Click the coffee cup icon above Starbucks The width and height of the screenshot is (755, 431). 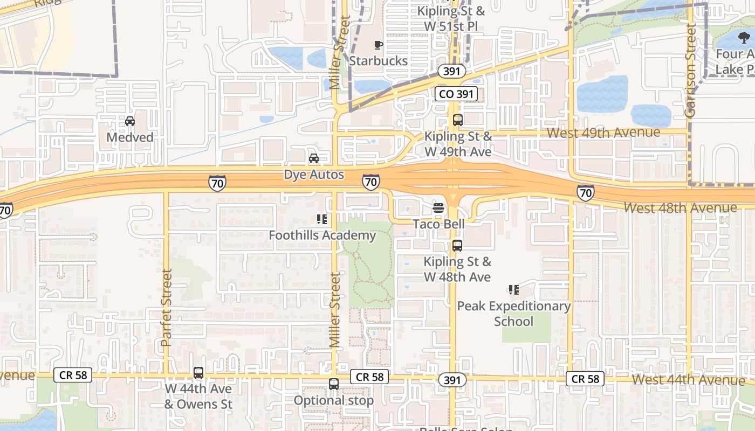(379, 45)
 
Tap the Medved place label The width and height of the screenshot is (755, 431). (130, 137)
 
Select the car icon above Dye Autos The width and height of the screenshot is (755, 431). (313, 158)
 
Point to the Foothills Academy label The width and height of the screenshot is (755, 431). (322, 235)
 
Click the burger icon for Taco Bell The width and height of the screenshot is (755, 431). (438, 208)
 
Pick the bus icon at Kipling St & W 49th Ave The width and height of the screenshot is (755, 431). (457, 120)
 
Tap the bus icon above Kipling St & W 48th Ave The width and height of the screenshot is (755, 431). (457, 246)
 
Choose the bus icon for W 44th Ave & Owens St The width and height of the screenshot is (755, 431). (198, 372)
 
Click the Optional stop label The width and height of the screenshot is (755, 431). (333, 400)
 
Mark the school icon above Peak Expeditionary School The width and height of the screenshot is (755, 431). (513, 290)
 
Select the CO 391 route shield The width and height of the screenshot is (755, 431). (456, 94)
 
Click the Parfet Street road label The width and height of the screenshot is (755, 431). (166, 308)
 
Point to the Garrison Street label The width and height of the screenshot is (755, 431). (690, 70)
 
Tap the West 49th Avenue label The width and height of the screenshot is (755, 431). (603, 133)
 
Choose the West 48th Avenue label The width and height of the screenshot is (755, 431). (680, 207)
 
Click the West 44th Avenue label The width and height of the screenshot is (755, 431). (688, 379)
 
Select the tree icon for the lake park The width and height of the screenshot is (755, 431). (744, 38)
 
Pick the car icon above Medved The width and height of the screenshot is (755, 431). (130, 121)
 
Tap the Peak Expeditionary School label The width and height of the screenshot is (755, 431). (513, 314)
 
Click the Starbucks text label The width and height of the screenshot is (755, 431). (378, 61)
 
